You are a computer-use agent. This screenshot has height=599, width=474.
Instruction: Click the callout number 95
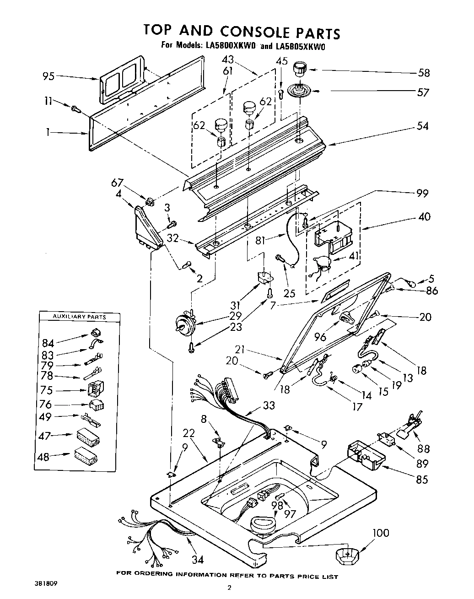48,76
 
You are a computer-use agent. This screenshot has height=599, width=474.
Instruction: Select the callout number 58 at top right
424,73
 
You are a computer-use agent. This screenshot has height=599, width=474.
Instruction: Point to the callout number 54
423,125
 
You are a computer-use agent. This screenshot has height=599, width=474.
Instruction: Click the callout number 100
381,533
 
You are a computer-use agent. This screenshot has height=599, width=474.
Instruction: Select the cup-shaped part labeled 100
346,556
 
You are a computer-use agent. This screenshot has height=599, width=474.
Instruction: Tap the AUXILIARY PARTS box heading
79,317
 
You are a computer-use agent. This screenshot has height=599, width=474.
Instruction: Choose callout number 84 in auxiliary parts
48,343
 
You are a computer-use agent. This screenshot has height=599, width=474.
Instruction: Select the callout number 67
117,183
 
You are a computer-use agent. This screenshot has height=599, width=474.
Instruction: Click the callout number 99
422,193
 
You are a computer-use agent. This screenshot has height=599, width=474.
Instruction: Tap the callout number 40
424,216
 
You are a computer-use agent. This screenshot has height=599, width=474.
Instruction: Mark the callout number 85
422,480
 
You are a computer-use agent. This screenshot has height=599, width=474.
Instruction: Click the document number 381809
45,584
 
